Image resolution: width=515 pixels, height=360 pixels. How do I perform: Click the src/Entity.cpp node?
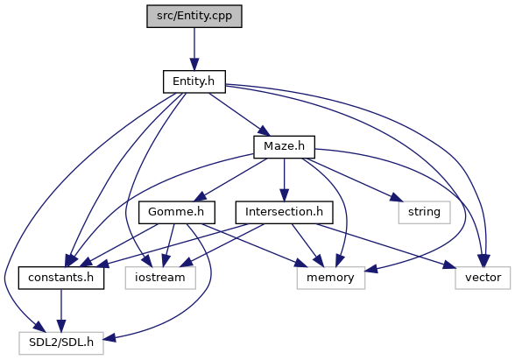point(194,16)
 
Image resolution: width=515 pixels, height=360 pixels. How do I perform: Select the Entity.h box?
point(194,81)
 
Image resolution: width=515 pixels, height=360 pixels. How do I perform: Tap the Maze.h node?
point(284,147)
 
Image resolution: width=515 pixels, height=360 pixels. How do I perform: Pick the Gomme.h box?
point(176,213)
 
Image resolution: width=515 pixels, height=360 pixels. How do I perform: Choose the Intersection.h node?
point(284,213)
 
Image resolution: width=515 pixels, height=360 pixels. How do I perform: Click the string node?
point(424,213)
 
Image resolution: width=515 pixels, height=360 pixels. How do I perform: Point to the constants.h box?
point(61,278)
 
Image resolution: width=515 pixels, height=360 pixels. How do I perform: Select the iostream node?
point(160,278)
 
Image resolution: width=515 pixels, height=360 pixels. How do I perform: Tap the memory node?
point(330,278)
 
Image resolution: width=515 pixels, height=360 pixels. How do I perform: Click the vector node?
point(483,278)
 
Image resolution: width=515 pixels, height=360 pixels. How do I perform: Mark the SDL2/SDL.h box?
point(61,343)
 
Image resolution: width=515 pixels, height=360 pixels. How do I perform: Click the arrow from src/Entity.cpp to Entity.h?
point(194,49)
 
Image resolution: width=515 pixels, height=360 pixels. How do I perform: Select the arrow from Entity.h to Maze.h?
point(239,114)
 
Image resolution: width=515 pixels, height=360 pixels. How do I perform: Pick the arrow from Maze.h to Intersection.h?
point(284,180)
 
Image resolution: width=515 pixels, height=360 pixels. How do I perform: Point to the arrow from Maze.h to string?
point(352,180)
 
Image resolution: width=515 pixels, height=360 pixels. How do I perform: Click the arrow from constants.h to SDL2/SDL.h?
point(61,310)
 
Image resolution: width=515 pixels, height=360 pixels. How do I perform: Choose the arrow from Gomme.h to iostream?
point(169,245)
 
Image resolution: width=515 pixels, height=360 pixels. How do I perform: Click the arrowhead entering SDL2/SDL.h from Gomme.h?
point(109,337)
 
